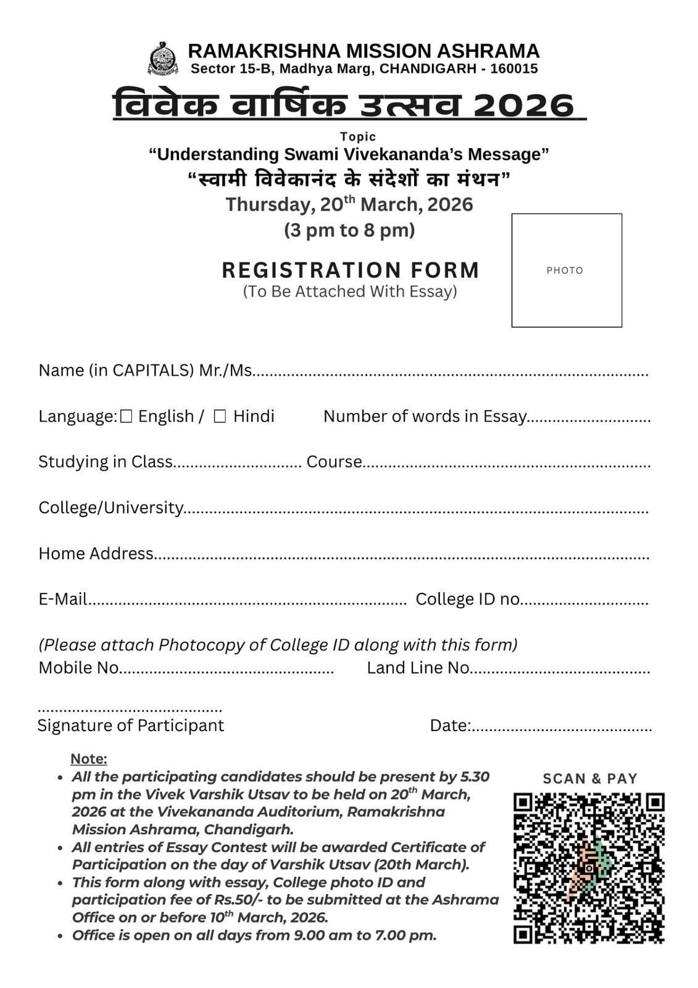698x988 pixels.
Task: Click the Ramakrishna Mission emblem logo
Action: [x=163, y=59]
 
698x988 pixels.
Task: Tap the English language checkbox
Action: [x=126, y=417]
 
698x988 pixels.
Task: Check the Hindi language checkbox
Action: [x=220, y=417]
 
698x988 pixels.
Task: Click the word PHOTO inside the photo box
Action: [x=565, y=270]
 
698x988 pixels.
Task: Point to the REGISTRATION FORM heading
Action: [x=351, y=270]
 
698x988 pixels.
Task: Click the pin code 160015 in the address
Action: [x=514, y=69]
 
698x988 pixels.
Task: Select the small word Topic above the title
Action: [x=358, y=136]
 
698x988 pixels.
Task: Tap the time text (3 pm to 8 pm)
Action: [x=349, y=230]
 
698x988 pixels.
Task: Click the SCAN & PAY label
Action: [x=590, y=779]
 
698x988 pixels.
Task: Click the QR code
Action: [x=589, y=868]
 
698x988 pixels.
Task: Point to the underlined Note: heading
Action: [x=89, y=759]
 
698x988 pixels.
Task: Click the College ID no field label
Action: [x=468, y=599]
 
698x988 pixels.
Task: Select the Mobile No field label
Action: [x=78, y=668]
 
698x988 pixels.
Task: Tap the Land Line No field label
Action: [x=418, y=668]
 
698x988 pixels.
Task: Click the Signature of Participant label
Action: [x=131, y=725]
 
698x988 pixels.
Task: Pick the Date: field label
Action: [x=451, y=726]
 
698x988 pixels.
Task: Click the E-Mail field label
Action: [x=62, y=599]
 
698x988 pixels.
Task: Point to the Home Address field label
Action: [x=96, y=553]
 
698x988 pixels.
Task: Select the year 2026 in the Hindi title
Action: [x=524, y=105]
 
